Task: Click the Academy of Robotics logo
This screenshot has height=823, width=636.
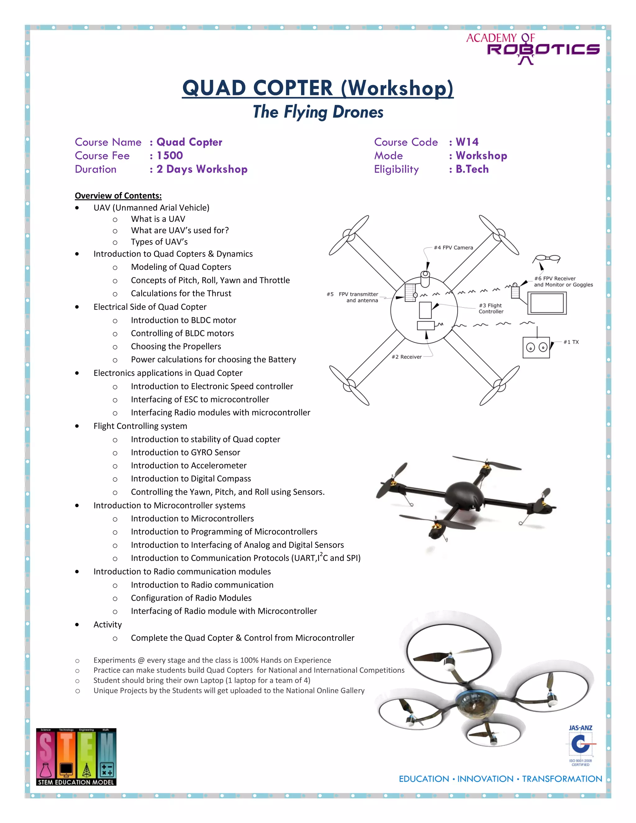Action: (532, 48)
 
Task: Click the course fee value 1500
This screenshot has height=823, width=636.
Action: (170, 156)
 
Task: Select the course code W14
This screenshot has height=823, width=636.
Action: (467, 142)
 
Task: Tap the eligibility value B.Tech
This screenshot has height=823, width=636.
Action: (472, 169)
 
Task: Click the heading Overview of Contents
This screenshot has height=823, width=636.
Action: (118, 196)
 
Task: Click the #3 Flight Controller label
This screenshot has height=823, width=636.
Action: (491, 308)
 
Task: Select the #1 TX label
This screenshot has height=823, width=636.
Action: (571, 342)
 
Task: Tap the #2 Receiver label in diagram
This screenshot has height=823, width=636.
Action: (407, 357)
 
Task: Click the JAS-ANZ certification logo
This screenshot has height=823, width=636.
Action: (580, 746)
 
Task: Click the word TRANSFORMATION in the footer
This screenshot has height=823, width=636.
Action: (562, 779)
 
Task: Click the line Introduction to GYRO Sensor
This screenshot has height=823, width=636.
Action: (185, 452)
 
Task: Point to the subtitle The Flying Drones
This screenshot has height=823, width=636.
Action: (318, 112)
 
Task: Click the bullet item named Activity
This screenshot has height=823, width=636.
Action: (107, 625)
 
